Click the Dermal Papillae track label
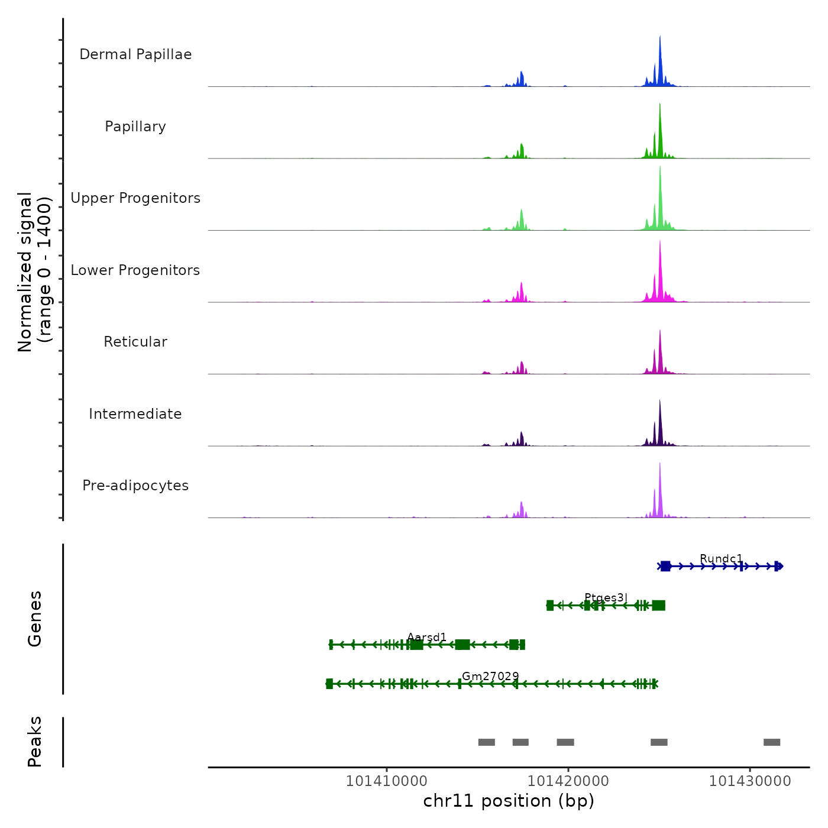tap(135, 54)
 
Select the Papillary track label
tap(135, 127)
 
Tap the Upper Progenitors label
tap(135, 198)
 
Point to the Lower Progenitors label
tap(135, 270)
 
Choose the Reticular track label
tap(135, 342)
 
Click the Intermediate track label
tap(135, 414)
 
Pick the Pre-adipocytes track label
tap(135, 486)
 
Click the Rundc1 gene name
tap(721, 559)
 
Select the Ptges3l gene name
tap(606, 597)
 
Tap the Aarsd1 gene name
tap(427, 637)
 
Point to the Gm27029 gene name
tap(490, 676)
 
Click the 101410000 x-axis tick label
tap(386, 781)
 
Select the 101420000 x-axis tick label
tap(568, 781)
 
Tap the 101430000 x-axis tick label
tap(750, 781)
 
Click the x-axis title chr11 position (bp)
tap(509, 801)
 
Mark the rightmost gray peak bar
tap(772, 742)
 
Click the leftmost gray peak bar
tap(486, 742)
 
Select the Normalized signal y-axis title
tap(34, 272)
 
